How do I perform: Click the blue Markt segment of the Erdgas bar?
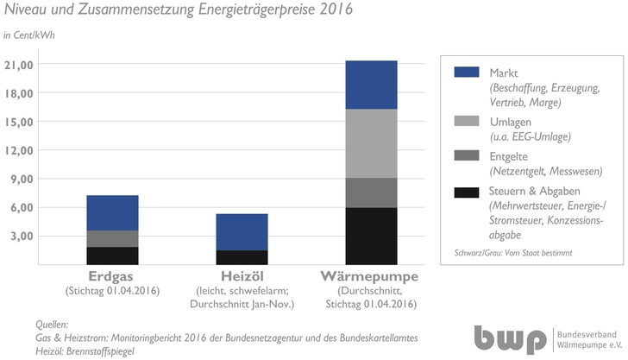coord(112,212)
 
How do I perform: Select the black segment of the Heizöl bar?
coord(242,257)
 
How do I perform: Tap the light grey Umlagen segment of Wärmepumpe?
coord(371,143)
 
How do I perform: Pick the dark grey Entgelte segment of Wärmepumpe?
coord(371,193)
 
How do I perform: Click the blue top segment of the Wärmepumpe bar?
coord(371,85)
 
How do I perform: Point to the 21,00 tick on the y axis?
coord(19,65)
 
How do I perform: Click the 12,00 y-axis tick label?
coord(19,150)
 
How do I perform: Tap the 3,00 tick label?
coord(22,236)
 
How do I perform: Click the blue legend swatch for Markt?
coord(466,73)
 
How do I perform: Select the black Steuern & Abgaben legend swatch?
coord(466,190)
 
